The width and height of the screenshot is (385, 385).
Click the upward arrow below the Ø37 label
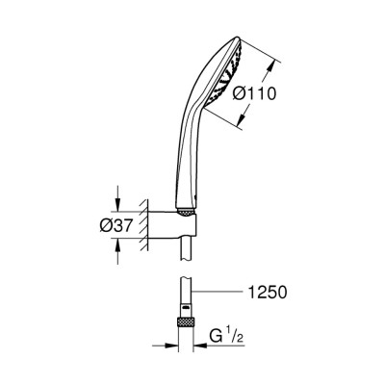pyautogui.click(x=118, y=253)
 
